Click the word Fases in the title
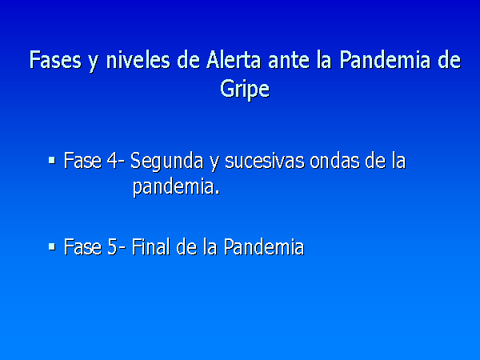pyautogui.click(x=55, y=60)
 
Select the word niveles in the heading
pyautogui.click(x=138, y=60)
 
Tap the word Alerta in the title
pyautogui.click(x=234, y=60)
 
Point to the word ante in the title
pyautogui.click(x=289, y=60)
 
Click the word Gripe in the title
pyautogui.click(x=245, y=90)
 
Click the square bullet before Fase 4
pyautogui.click(x=52, y=161)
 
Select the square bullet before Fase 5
pyautogui.click(x=52, y=246)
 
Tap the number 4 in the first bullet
pyautogui.click(x=112, y=161)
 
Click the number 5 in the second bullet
pyautogui.click(x=112, y=246)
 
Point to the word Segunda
pyautogui.click(x=166, y=162)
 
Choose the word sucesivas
pyautogui.click(x=265, y=161)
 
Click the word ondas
pyautogui.click(x=334, y=161)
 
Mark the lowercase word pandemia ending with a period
pyautogui.click(x=176, y=187)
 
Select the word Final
pyautogui.click(x=150, y=246)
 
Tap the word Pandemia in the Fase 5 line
pyautogui.click(x=264, y=246)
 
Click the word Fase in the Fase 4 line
pyautogui.click(x=82, y=161)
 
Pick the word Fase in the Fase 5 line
pyautogui.click(x=82, y=246)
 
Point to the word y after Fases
pyautogui.click(x=94, y=62)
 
